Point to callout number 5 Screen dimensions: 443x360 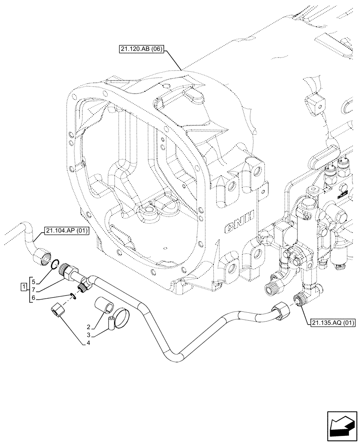pyautogui.click(x=33, y=280)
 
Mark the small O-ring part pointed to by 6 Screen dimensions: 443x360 pyautogui.click(x=72, y=296)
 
